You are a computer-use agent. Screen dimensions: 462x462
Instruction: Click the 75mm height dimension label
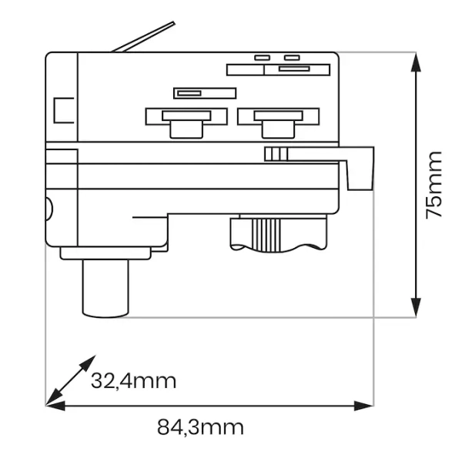coord(435,185)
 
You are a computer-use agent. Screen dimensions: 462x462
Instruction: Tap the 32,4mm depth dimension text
coord(133,380)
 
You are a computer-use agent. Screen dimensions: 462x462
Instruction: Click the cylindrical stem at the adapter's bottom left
coord(105,289)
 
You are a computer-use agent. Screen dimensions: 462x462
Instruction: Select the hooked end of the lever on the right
coord(360,173)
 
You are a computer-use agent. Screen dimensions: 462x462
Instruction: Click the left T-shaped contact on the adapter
coord(187,121)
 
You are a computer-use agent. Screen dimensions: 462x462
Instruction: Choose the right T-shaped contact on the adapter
coord(278,120)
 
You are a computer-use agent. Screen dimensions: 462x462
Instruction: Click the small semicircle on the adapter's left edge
coord(49,208)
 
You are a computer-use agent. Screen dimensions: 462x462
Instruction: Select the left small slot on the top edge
coord(263,57)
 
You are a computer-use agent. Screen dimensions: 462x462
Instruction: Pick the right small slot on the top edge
coord(291,57)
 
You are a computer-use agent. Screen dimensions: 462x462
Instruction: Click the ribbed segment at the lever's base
coord(276,153)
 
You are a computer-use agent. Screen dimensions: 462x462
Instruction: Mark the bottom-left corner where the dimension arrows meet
coord(48,403)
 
